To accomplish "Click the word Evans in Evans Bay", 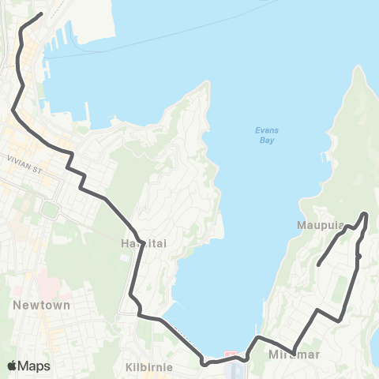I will tap(265, 131).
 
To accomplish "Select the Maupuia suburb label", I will tap(321, 225).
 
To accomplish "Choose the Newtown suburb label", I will tap(42, 305).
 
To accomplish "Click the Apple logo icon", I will tap(13, 365).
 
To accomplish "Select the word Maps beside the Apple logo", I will tap(34, 366).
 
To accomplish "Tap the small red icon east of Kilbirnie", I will tap(231, 353).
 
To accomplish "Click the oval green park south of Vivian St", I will tap(50, 210).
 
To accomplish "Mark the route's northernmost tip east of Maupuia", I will tap(365, 213).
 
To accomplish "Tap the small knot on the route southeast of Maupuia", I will tap(358, 256).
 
